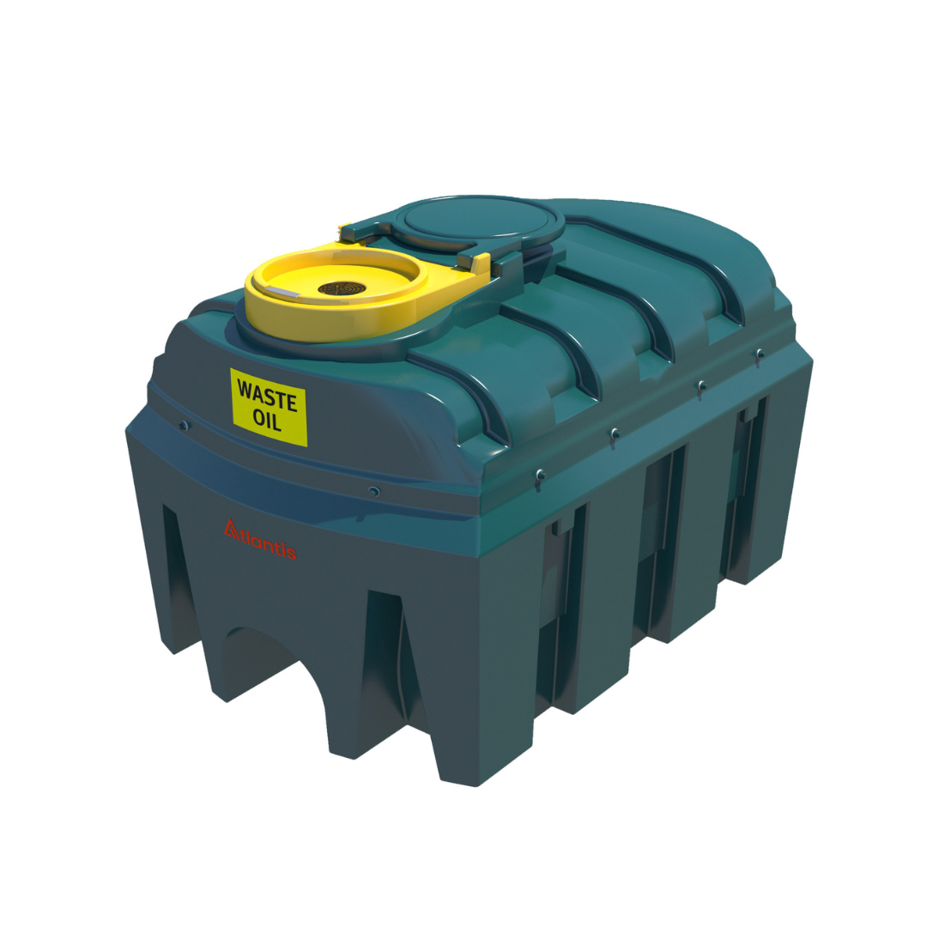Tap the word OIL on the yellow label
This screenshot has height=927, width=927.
tap(267, 421)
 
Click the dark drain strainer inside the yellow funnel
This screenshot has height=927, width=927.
tap(344, 289)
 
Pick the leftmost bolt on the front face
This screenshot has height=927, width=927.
tap(182, 424)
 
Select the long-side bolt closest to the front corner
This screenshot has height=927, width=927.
tap(538, 474)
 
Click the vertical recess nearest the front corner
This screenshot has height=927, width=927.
tap(562, 609)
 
